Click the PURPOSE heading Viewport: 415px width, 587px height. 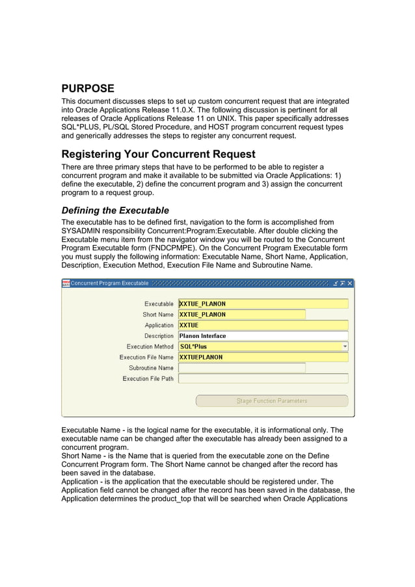[x=88, y=88]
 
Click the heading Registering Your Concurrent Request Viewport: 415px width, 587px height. [x=158, y=155]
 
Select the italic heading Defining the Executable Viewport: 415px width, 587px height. [x=115, y=211]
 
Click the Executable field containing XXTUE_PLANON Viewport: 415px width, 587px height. [x=263, y=304]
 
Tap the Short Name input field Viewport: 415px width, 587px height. [x=241, y=315]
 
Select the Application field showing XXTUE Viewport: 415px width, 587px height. [x=263, y=325]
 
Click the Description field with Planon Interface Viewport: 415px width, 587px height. [x=263, y=336]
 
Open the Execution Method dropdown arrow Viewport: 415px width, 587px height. [x=345, y=346]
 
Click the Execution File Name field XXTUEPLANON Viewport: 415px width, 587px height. [x=263, y=358]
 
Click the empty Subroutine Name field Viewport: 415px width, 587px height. [x=241, y=368]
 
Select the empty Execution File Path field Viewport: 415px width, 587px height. [x=263, y=378]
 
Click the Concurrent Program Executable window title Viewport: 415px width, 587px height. [x=109, y=283]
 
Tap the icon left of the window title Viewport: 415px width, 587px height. [x=66, y=283]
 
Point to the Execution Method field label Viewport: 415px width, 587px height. [x=150, y=346]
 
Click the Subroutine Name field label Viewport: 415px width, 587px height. [x=151, y=368]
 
